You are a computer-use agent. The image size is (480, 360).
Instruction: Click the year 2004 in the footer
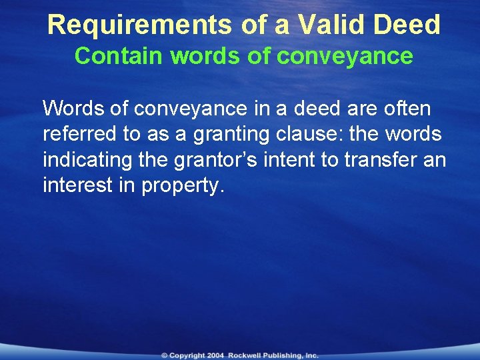[215, 355]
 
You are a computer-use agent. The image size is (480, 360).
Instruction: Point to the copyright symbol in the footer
[164, 355]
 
